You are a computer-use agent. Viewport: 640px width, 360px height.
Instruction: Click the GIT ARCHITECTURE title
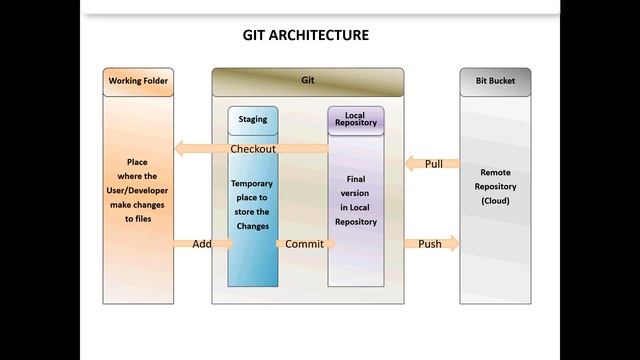(x=306, y=35)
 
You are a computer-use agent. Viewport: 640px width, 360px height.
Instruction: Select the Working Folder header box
(x=138, y=81)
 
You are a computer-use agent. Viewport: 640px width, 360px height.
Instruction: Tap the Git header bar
(x=308, y=81)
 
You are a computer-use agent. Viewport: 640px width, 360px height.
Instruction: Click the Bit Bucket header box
(x=495, y=81)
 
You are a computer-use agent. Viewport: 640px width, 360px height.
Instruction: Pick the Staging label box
(x=253, y=120)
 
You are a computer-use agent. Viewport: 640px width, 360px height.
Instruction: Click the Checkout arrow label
(x=253, y=149)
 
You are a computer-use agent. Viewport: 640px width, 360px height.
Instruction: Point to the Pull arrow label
(x=433, y=164)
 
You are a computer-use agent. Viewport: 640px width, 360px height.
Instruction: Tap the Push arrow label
(x=430, y=243)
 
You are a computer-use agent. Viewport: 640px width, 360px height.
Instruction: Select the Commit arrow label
(x=304, y=243)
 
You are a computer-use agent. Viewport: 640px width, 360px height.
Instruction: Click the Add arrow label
(x=202, y=243)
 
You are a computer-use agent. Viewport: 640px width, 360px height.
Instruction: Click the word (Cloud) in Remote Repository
(x=495, y=200)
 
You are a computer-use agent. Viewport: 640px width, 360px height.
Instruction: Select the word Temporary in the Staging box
(x=251, y=184)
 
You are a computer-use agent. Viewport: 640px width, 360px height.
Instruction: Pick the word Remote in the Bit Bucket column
(x=495, y=172)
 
